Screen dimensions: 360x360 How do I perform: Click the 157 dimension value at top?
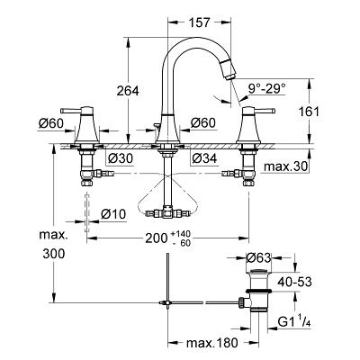[200, 22]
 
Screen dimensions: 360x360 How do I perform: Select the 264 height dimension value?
[128, 91]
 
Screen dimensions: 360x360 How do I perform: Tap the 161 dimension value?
[309, 112]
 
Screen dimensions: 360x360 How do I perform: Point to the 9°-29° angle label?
[267, 88]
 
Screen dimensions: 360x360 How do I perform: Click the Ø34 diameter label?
[204, 158]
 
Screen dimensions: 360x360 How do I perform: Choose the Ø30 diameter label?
[120, 158]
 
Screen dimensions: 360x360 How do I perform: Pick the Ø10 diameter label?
[113, 214]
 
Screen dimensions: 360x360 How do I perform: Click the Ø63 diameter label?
[258, 257]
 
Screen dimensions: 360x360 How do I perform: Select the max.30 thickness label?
[286, 166]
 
